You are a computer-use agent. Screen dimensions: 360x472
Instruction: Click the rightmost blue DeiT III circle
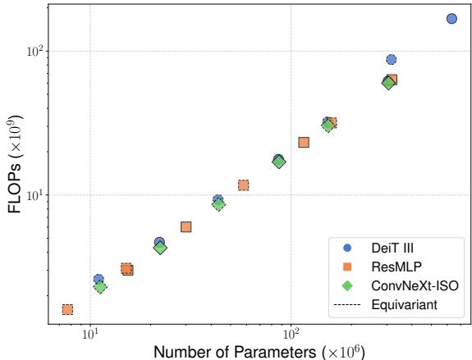[451, 18]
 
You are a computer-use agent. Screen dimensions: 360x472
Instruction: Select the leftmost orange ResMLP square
[67, 309]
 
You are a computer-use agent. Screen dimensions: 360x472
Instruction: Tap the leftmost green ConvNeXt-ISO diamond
[100, 287]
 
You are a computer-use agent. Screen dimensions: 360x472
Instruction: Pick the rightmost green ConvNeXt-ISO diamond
[388, 83]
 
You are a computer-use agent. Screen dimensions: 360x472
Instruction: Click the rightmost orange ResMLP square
[392, 80]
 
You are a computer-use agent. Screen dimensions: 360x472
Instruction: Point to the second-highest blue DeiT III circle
[392, 60]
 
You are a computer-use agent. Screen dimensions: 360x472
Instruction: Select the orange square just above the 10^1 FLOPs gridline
[243, 185]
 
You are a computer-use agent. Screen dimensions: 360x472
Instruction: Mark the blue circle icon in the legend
[347, 248]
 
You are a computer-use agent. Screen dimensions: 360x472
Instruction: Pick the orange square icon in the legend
[347, 267]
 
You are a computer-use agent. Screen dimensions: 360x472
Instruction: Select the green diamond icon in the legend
[347, 285]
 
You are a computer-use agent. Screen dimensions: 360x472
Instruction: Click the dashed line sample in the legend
[347, 304]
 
